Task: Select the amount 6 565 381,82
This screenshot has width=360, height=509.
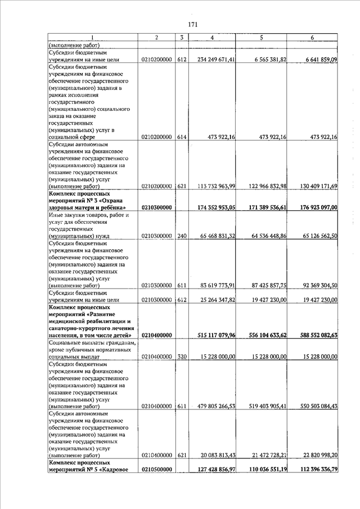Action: pos(263,59)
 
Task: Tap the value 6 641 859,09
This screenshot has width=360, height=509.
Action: pos(314,59)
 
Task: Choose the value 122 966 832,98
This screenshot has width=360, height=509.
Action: pos(263,186)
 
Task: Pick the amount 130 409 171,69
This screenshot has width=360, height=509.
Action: pos(314,186)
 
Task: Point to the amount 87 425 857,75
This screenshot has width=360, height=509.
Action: pos(263,285)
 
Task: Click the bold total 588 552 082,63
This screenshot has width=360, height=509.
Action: pos(314,335)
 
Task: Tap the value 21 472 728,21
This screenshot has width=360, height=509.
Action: pos(263,455)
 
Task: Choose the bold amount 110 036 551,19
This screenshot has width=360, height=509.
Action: pos(263,469)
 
